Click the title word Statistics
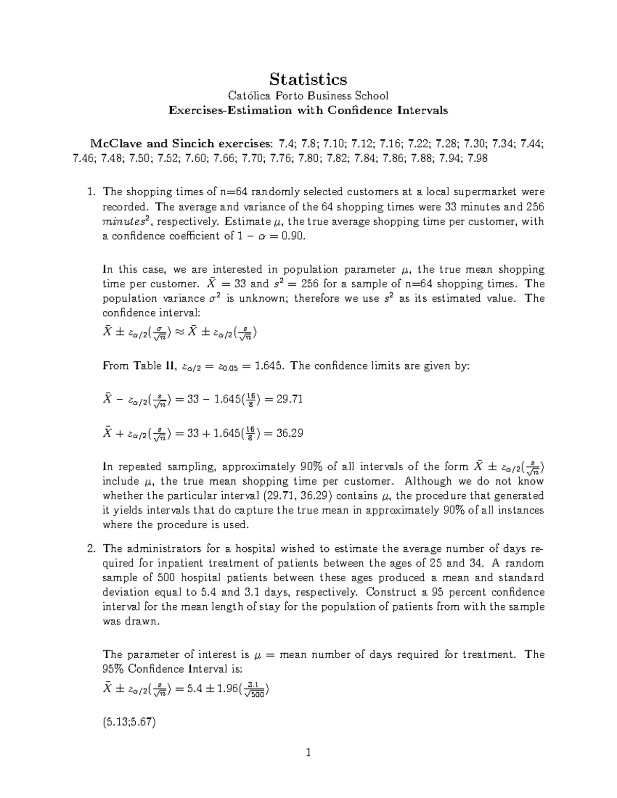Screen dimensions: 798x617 [x=308, y=79]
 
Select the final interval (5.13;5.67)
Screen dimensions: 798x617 [x=129, y=722]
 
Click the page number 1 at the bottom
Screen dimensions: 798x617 [x=308, y=753]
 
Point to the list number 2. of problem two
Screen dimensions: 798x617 [x=92, y=548]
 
